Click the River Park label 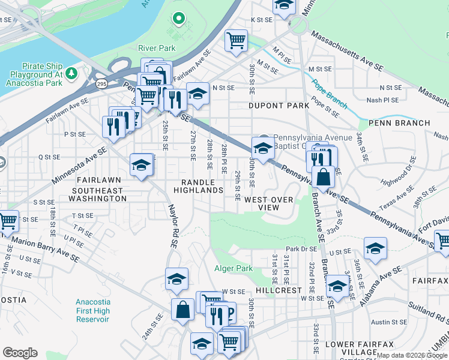coord(155,47)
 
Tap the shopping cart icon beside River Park coord(236,40)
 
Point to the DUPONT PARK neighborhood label coord(279,106)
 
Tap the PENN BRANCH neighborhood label coord(399,123)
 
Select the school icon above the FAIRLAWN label coord(141,165)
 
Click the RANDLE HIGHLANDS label coord(199,186)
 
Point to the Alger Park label coord(234,269)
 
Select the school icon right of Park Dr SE coord(375,248)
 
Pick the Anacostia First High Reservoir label coord(93,311)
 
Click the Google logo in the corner coord(20,353)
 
